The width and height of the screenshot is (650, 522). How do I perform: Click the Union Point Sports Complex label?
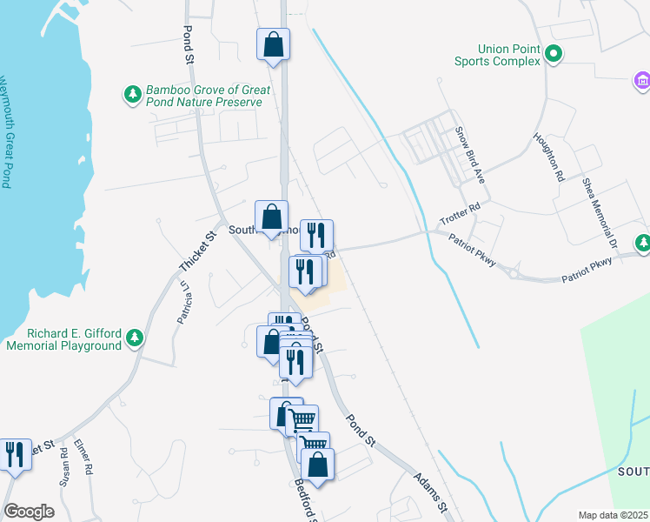point(498,55)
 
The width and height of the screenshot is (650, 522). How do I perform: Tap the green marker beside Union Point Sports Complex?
point(554,55)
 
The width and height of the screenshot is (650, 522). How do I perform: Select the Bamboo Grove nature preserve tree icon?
point(132,92)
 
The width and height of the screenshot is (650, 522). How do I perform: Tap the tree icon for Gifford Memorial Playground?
point(134,336)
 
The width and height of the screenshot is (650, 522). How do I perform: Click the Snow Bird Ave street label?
point(470,149)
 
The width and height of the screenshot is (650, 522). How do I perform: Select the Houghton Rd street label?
point(549,157)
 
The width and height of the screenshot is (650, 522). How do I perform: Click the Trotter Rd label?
point(460,214)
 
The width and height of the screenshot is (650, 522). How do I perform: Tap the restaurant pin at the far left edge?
point(15,454)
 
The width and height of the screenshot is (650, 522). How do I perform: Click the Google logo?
point(29,512)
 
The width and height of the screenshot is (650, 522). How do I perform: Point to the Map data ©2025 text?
point(613,515)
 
